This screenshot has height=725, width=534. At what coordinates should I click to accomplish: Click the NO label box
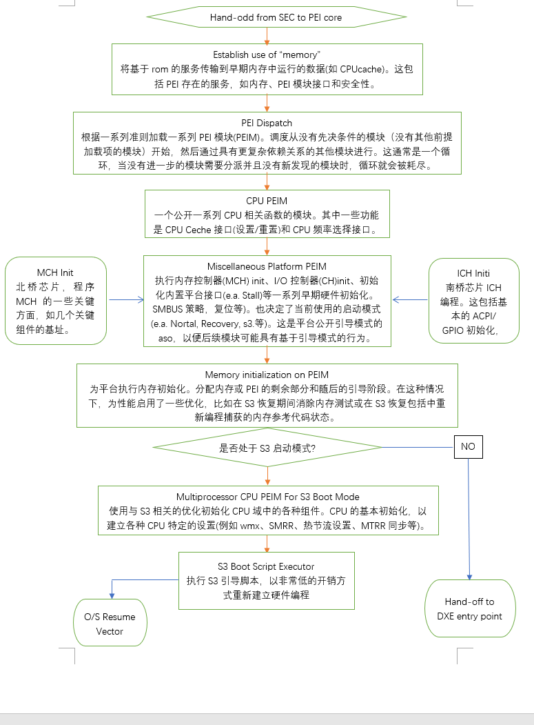[x=469, y=446]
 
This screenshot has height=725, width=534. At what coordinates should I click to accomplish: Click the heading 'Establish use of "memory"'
[x=267, y=54]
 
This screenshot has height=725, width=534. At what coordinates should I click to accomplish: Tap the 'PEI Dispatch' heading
[x=267, y=123]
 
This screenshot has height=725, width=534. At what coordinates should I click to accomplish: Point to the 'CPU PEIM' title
[x=267, y=201]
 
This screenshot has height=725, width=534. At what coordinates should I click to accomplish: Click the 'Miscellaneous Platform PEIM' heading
[x=267, y=266]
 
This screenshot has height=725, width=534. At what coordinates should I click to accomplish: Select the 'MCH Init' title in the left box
[x=55, y=272]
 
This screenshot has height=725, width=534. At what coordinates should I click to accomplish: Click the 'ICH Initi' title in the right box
[x=473, y=272]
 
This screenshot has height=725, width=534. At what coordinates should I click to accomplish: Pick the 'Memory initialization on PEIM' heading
[x=267, y=375]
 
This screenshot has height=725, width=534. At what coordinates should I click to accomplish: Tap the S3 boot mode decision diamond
[x=267, y=448]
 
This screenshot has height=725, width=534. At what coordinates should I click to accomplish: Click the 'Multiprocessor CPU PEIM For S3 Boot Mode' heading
[x=267, y=497]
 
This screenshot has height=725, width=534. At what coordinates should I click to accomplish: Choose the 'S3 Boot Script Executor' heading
[x=266, y=566]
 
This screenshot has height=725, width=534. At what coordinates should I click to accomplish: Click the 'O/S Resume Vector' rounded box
[x=110, y=624]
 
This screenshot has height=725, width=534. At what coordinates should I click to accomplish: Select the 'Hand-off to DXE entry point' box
[x=469, y=609]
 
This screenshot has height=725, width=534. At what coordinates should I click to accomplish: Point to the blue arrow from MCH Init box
[x=125, y=300]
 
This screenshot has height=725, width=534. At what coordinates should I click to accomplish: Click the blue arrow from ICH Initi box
[x=411, y=300]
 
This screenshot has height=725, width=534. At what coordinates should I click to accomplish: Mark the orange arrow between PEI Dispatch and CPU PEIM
[x=267, y=182]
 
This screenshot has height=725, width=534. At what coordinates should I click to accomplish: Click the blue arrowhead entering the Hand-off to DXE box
[x=470, y=576]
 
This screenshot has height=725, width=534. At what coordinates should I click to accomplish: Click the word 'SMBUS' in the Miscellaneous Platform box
[x=169, y=308]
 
